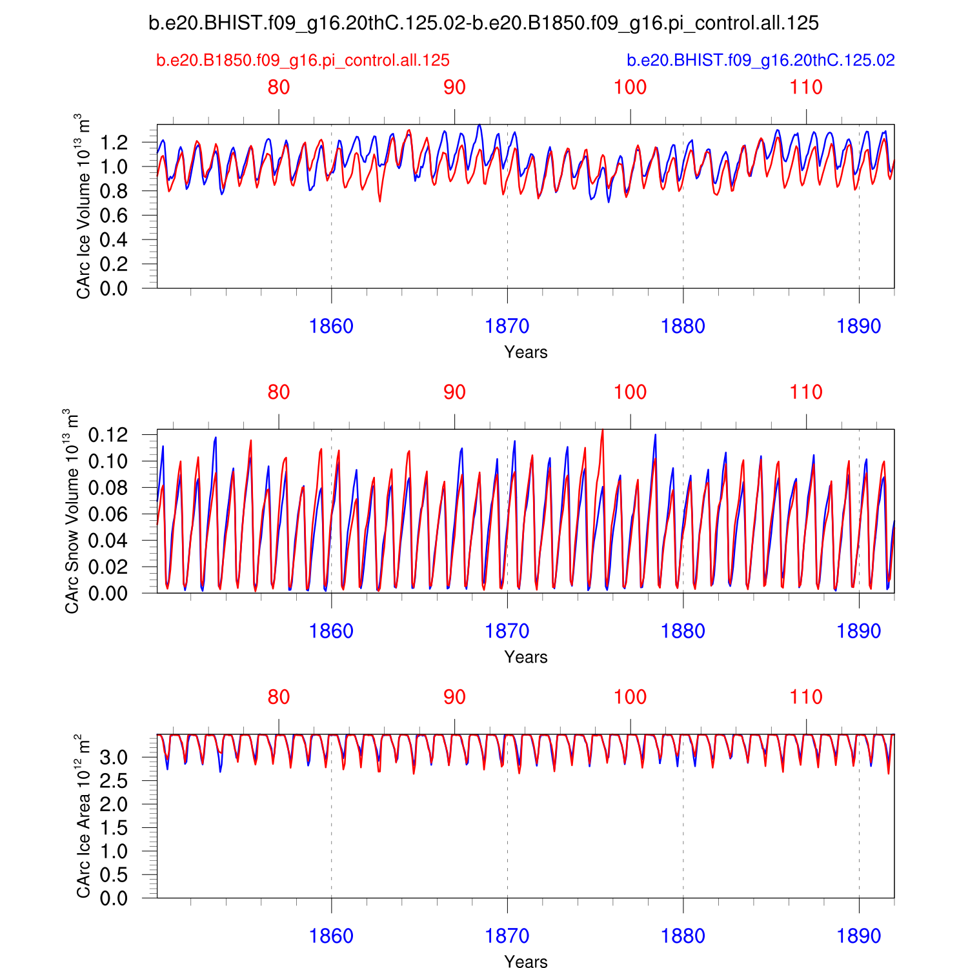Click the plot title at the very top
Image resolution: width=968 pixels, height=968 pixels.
tap(483, 23)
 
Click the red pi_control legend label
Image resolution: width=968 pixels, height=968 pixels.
tap(303, 61)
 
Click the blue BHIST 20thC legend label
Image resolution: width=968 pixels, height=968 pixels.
tap(761, 61)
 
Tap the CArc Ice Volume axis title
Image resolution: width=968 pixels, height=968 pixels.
tap(83, 207)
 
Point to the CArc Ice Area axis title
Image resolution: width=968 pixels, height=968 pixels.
tap(83, 816)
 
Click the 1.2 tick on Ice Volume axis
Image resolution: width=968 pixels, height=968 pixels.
tap(114, 143)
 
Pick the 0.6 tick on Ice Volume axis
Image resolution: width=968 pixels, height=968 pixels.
tap(114, 216)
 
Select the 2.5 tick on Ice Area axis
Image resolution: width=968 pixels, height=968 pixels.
tap(114, 781)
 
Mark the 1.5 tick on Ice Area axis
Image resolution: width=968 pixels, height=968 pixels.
tap(114, 828)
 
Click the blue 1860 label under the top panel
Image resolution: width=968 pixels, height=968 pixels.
tap(331, 327)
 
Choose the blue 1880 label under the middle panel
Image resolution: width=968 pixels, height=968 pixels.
tap(683, 631)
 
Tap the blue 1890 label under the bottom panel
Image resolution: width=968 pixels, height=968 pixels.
tap(858, 936)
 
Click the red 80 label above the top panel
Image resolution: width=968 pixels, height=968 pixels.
tap(279, 87)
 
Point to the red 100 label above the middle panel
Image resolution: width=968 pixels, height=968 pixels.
tap(630, 392)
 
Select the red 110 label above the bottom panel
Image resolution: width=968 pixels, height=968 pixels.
tap(806, 697)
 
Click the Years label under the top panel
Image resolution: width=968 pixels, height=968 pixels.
tap(526, 352)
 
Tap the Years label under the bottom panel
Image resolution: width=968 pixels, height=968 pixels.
tap(526, 962)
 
